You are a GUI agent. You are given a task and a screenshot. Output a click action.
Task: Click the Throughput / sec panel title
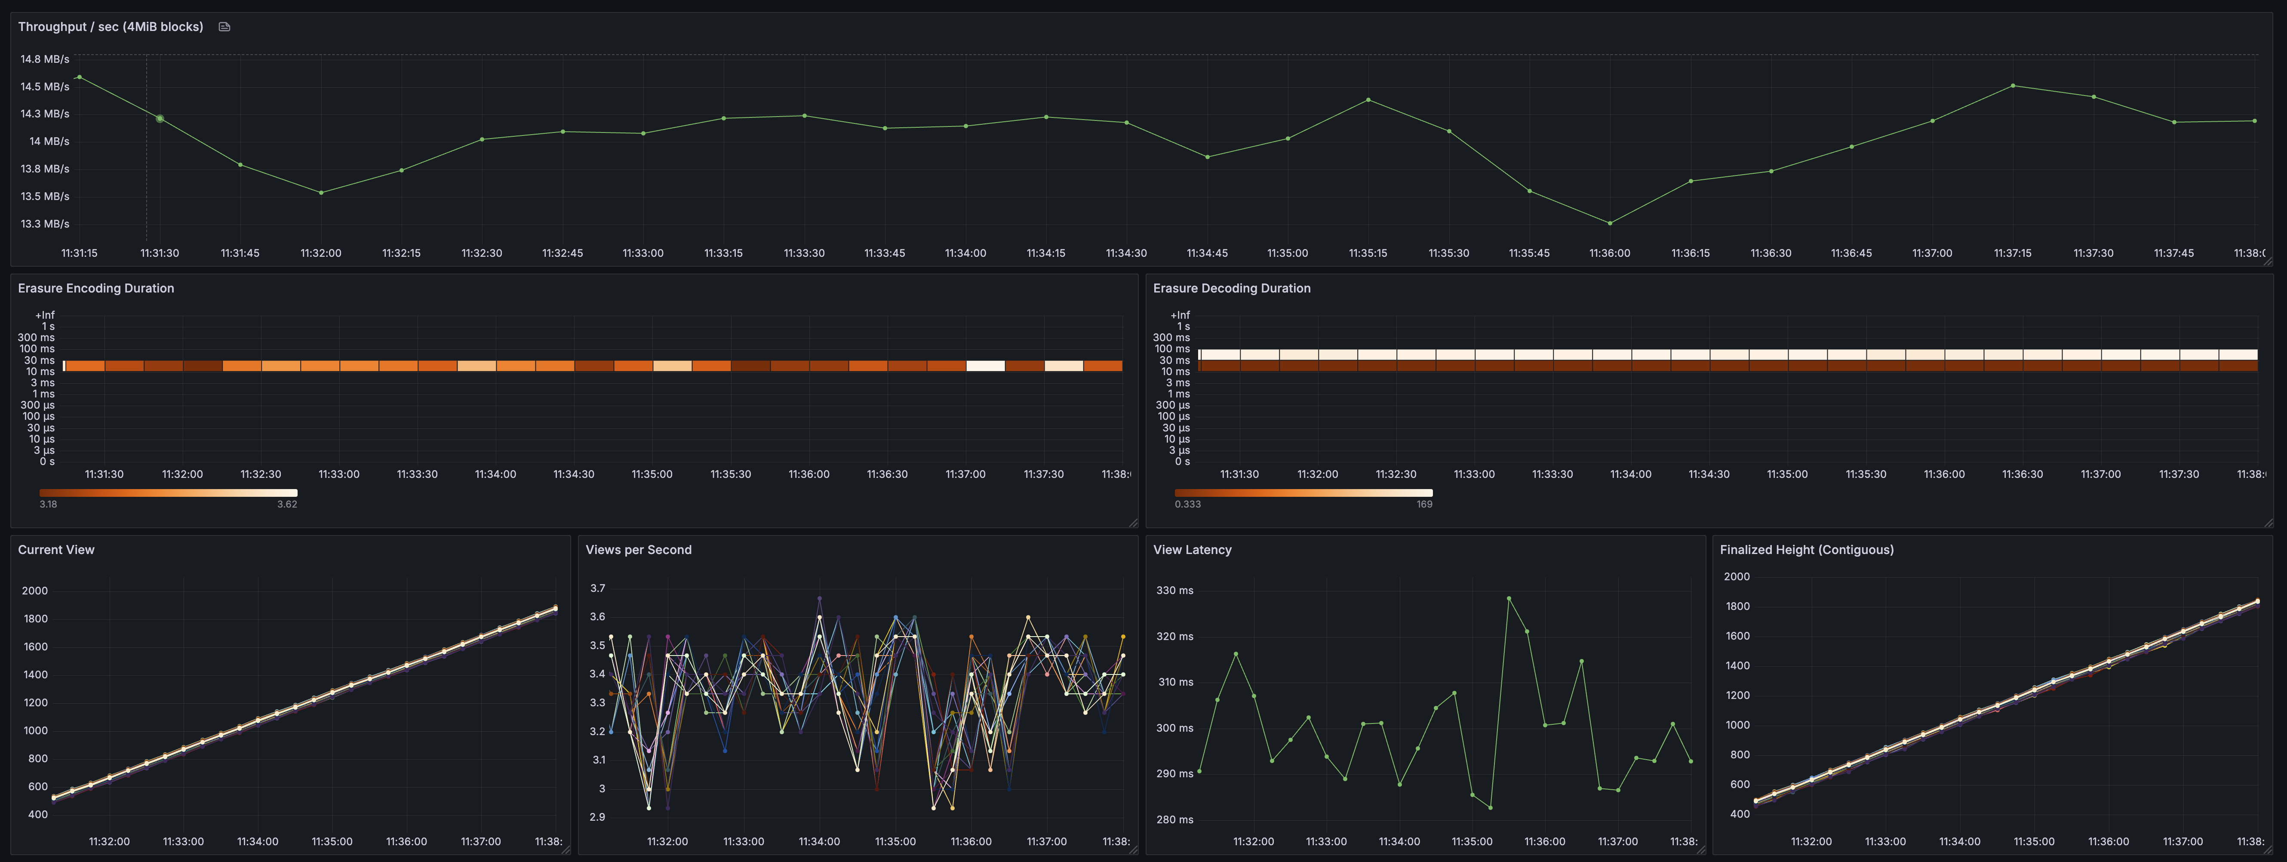pyautogui.click(x=110, y=27)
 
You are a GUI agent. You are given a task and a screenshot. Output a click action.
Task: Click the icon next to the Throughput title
pyautogui.click(x=224, y=27)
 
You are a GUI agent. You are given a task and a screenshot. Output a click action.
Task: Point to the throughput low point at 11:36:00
pyautogui.click(x=1610, y=223)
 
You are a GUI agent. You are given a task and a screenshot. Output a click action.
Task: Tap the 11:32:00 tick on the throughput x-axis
pyautogui.click(x=320, y=253)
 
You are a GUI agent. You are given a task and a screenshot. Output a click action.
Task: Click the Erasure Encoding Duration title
pyautogui.click(x=96, y=289)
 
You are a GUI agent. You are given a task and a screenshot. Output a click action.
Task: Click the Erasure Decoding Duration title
pyautogui.click(x=1231, y=289)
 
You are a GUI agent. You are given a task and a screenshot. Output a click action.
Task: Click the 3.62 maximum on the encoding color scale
pyautogui.click(x=287, y=504)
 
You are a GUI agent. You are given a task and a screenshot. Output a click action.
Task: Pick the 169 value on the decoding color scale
pyautogui.click(x=1424, y=504)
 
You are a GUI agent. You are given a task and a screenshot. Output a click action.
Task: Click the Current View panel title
pyautogui.click(x=56, y=550)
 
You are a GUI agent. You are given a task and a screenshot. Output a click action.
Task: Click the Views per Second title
pyautogui.click(x=638, y=550)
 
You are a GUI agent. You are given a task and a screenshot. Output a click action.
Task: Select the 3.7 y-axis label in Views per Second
pyautogui.click(x=597, y=588)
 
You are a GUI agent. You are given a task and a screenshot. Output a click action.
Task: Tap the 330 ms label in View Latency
pyautogui.click(x=1174, y=590)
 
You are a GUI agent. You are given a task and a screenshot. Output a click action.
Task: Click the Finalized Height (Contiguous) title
pyautogui.click(x=1807, y=550)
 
